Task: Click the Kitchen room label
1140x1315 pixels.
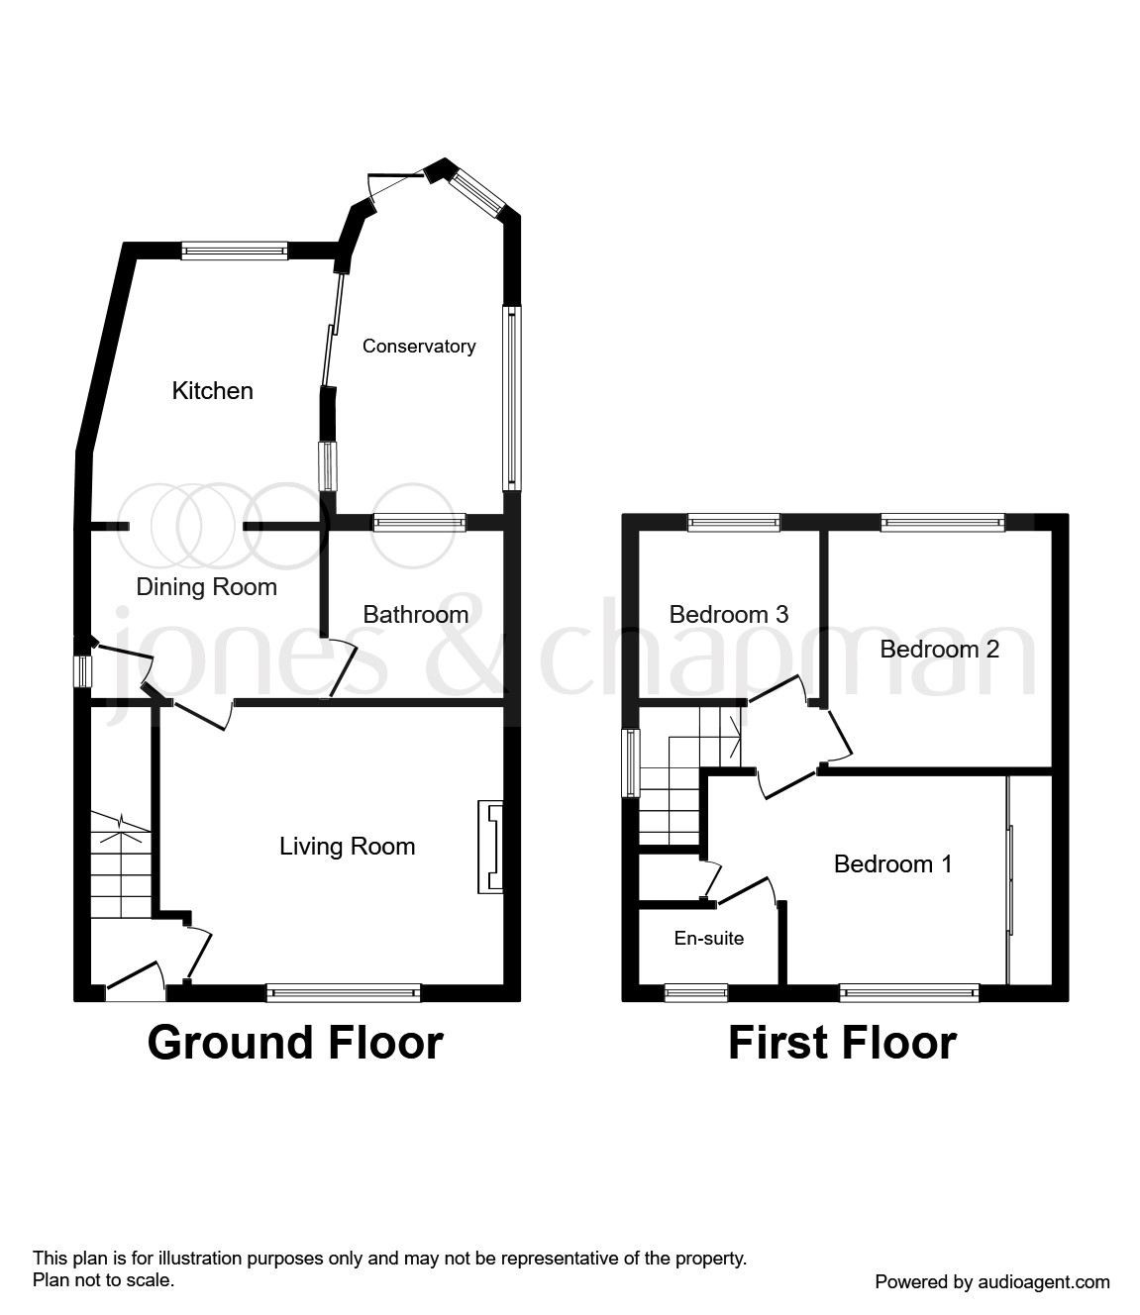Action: tap(212, 391)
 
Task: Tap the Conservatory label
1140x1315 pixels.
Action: tap(418, 347)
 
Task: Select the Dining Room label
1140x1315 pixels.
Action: tap(206, 587)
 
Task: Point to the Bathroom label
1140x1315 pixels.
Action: tap(415, 615)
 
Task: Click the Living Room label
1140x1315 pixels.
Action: tap(347, 847)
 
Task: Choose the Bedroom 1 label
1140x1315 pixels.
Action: tap(892, 864)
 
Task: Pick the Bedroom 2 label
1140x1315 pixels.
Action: tap(939, 650)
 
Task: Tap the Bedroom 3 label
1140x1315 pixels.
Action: tap(728, 615)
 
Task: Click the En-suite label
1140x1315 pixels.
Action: tap(708, 939)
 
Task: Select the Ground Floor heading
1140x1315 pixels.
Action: tap(295, 1043)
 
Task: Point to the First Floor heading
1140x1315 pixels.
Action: tap(842, 1043)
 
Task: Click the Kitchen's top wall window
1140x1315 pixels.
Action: tap(235, 252)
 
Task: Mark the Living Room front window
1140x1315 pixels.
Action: tap(343, 992)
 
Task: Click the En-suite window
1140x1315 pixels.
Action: tap(695, 992)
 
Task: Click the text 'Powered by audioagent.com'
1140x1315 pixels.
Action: tap(992, 1282)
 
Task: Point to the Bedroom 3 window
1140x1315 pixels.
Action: tap(734, 523)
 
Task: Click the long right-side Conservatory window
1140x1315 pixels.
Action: tap(511, 397)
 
